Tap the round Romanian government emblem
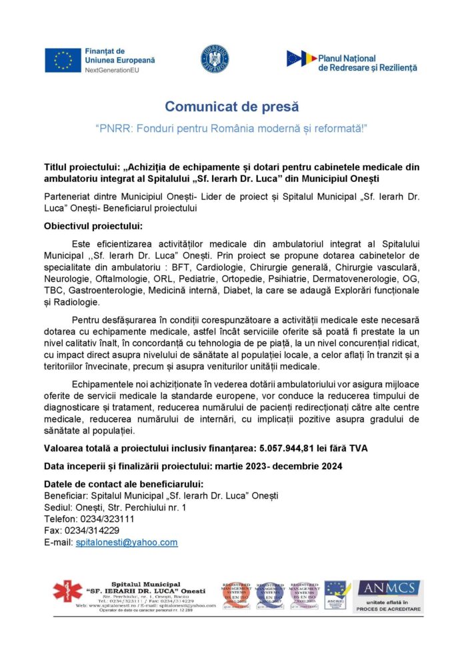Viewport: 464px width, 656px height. (215, 59)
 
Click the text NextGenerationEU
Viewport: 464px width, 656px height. (111, 69)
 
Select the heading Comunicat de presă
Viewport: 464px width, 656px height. (231, 107)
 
